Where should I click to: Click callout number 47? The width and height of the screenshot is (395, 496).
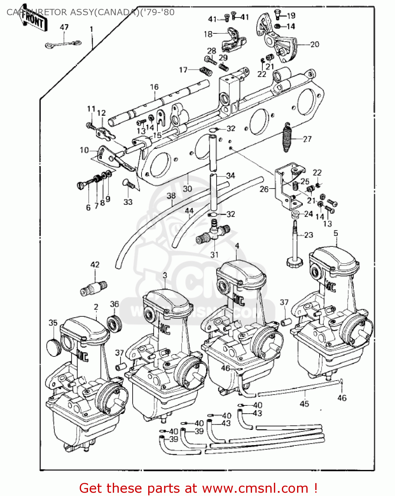[64, 27]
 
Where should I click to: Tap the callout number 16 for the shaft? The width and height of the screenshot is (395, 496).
[154, 87]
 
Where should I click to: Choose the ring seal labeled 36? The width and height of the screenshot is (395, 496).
[115, 323]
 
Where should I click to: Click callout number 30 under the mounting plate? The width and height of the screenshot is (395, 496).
[187, 188]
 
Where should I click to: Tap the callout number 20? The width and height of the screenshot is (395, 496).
[315, 44]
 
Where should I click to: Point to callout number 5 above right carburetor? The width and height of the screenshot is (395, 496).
[336, 233]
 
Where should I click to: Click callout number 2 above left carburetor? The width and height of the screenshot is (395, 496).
[96, 307]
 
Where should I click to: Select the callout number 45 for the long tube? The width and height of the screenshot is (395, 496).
[304, 403]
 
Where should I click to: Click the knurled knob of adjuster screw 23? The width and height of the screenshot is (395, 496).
[294, 263]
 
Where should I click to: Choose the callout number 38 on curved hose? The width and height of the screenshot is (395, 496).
[171, 195]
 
